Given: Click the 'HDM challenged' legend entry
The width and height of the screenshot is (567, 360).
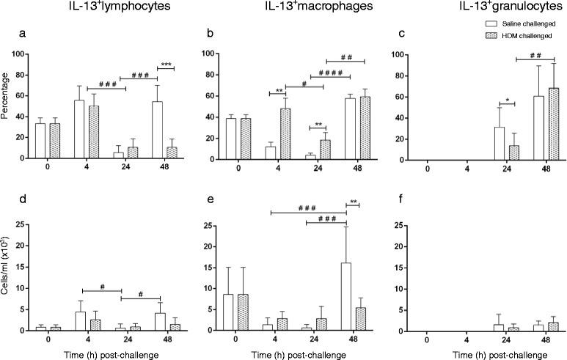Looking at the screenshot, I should coord(519,56).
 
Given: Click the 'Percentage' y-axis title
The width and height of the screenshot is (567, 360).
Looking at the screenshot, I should coord(7,107).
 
